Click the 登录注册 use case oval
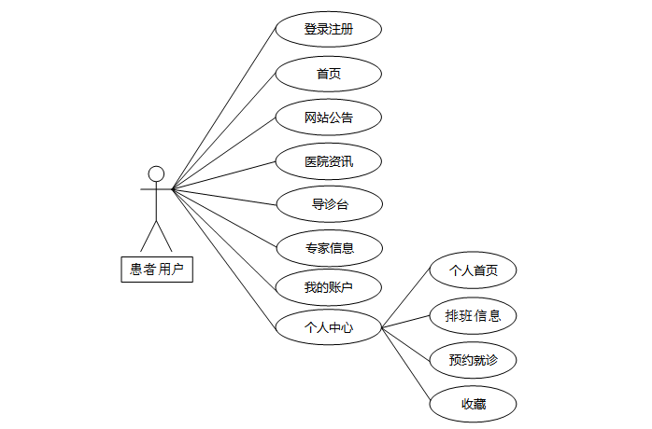[x=329, y=29]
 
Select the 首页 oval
[x=329, y=74]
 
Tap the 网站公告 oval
[x=329, y=118]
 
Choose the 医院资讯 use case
[x=329, y=161]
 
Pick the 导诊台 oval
[x=329, y=203]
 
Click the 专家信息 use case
[x=329, y=247]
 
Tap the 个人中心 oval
[x=329, y=327]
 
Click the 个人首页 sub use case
[x=473, y=270]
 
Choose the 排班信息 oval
[x=473, y=315]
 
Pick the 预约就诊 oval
[x=473, y=359]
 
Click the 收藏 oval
[x=473, y=404]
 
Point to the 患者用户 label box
[x=156, y=270]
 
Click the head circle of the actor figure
[x=156, y=173]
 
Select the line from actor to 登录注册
[x=224, y=109]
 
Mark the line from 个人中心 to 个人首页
[x=405, y=299]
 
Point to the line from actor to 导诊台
[x=224, y=196]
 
